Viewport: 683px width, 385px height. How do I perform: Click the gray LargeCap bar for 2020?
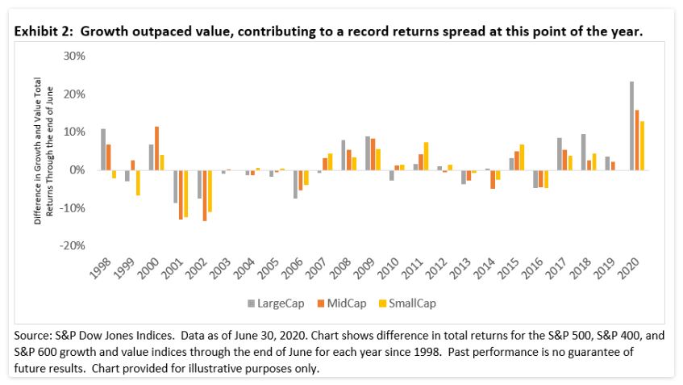pyautogui.click(x=631, y=126)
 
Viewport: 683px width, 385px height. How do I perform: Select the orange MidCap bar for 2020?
pyautogui.click(x=637, y=140)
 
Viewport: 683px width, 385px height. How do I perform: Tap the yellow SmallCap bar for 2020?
pyautogui.click(x=642, y=145)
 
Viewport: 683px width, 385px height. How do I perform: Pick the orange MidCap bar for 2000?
pyautogui.click(x=156, y=149)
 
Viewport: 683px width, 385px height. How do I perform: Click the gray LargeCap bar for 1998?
pyautogui.click(x=103, y=149)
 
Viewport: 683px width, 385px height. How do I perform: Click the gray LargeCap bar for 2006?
pyautogui.click(x=296, y=184)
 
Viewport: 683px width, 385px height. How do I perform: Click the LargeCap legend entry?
pyautogui.click(x=273, y=303)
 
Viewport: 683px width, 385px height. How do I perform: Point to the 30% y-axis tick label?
pyautogui.click(x=74, y=56)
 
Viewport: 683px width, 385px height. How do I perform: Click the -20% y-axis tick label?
pyautogui.click(x=73, y=245)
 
